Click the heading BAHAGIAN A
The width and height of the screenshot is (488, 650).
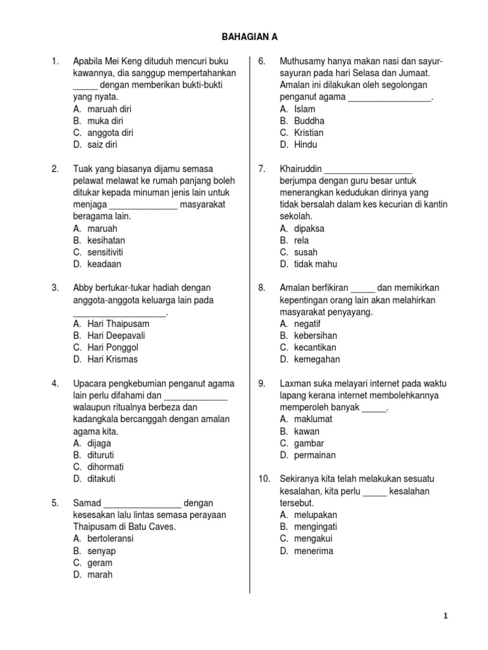[x=249, y=37]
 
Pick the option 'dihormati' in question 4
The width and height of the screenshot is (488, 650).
[x=105, y=467]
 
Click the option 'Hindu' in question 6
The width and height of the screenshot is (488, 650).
[x=306, y=145]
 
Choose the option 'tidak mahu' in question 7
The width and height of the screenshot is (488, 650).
[x=315, y=264]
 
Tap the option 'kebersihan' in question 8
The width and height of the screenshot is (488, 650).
[x=316, y=335]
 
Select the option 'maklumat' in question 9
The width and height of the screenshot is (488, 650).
[x=313, y=419]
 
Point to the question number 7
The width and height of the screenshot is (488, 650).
[x=261, y=168]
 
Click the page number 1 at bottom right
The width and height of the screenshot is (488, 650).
[x=445, y=616]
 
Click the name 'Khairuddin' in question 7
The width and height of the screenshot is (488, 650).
[x=301, y=168]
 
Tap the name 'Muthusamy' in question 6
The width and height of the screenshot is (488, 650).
[x=302, y=61]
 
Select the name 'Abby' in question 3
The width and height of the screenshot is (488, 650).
[x=83, y=288]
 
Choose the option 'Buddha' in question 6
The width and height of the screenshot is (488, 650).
[x=309, y=121]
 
